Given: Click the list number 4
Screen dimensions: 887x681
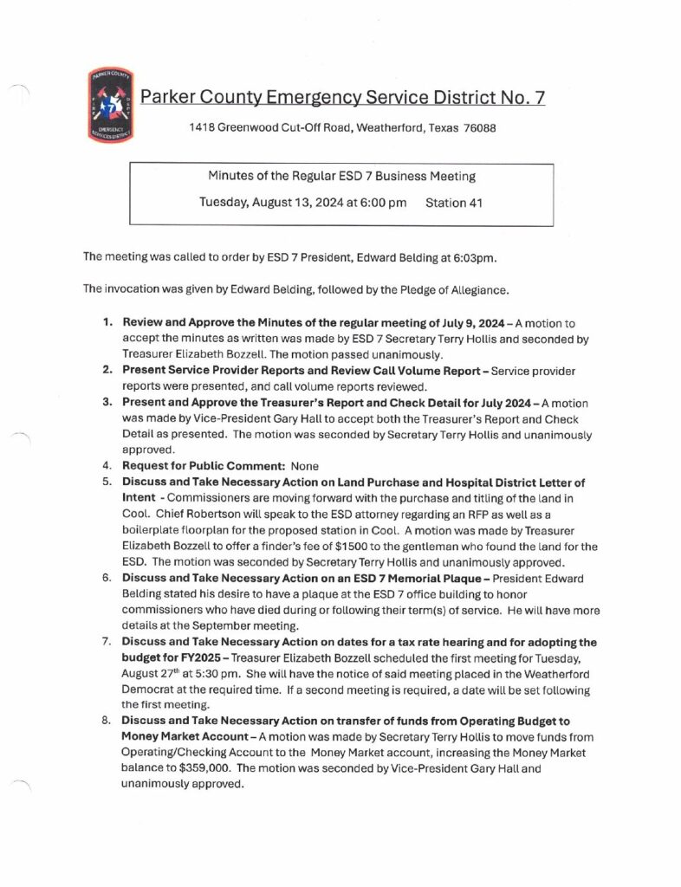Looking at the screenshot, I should point(107,465).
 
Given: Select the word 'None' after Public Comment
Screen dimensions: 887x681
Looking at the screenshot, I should point(306,465).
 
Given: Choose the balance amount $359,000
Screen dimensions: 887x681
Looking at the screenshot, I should point(201,769).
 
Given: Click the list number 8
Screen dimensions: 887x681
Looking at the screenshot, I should point(107,722).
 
